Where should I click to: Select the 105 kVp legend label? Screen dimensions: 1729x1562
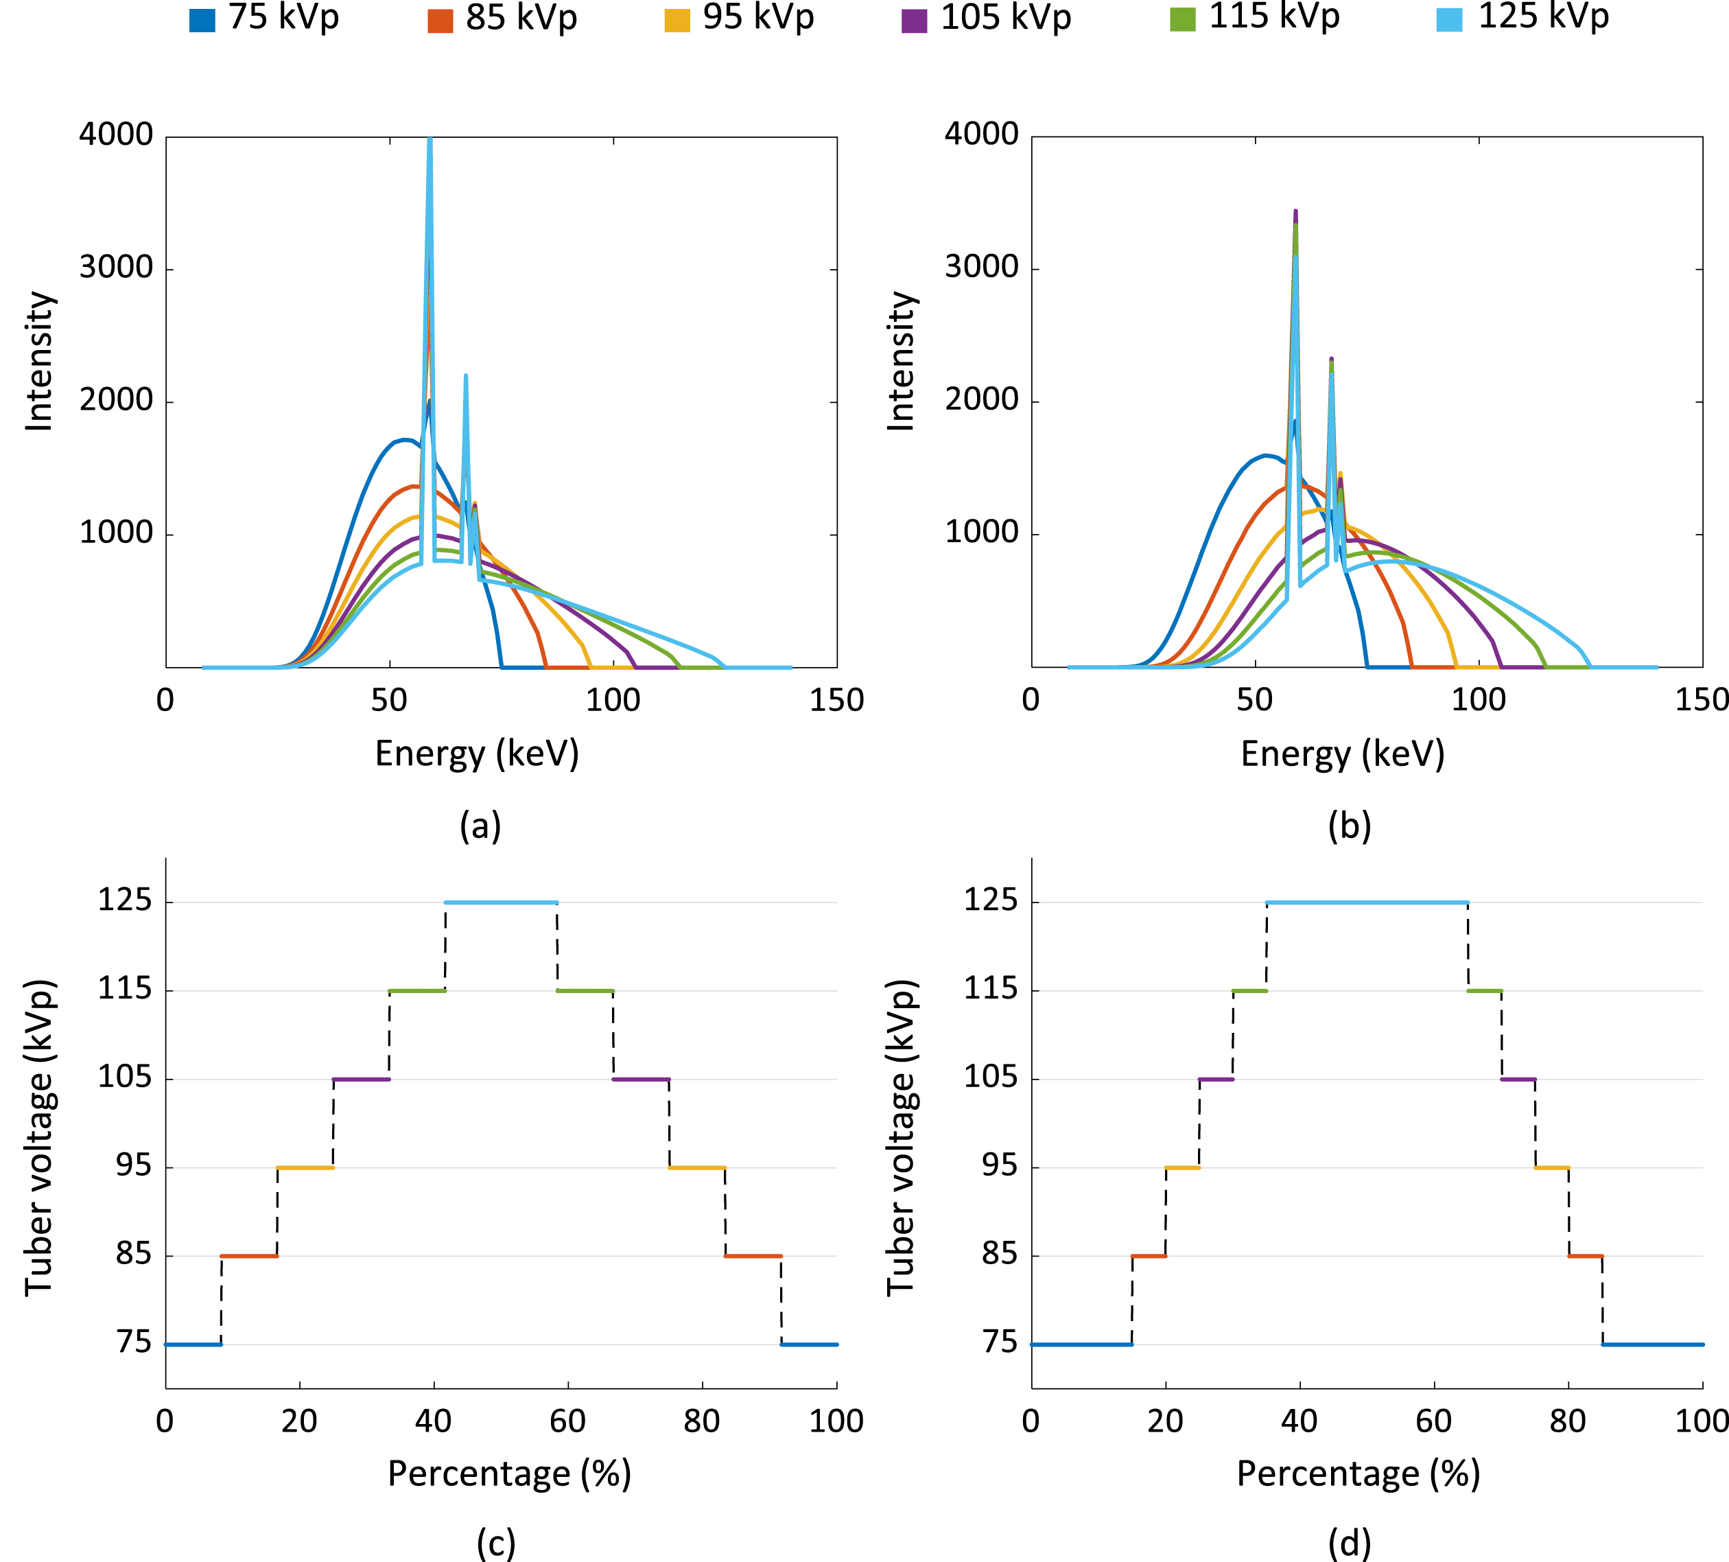tap(1006, 18)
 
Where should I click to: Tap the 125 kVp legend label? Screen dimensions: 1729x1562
tap(1544, 18)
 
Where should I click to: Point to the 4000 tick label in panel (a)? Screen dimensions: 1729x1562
tap(116, 135)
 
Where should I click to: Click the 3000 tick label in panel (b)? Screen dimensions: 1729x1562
tap(981, 268)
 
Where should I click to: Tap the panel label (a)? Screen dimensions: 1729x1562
tap(480, 826)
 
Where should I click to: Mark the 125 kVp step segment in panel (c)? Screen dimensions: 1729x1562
tap(501, 902)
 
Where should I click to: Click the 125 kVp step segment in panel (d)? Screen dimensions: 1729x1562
tap(1367, 902)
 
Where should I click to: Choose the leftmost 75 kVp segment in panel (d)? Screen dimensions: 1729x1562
tap(1081, 1344)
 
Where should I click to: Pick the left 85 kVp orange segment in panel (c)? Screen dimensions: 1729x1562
tap(248, 1256)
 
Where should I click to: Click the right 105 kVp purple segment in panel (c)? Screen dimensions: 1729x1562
tap(641, 1079)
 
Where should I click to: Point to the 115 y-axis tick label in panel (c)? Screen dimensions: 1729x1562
tap(124, 989)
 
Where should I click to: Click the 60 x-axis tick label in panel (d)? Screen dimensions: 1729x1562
tap(1434, 1421)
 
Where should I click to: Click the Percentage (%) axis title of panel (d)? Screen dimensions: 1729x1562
tap(1358, 1473)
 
